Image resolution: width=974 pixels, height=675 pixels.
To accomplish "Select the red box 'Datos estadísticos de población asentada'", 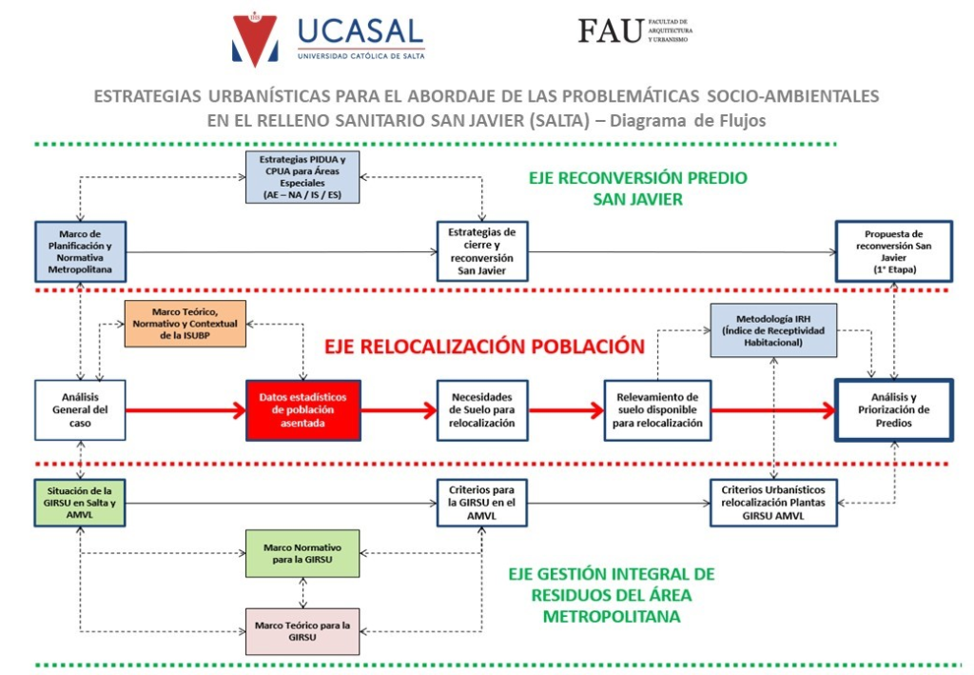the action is pos(303,410).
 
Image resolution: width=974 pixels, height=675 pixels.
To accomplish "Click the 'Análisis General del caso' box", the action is pos(80,410).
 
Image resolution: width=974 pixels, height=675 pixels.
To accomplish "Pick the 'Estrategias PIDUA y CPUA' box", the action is pos(302,177).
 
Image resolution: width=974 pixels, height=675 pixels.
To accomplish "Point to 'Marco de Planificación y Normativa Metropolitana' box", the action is pos(80,251).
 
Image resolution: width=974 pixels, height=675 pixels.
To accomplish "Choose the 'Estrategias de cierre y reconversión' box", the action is pos(482,251).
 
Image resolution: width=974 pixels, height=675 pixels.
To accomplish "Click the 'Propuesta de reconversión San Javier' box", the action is pos(893,251).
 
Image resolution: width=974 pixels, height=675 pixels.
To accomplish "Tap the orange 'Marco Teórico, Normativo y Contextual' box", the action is pos(185,324).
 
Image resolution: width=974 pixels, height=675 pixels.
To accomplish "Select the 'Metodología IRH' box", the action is pos(773,330).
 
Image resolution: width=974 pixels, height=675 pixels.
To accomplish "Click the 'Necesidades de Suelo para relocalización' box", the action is pos(482,410).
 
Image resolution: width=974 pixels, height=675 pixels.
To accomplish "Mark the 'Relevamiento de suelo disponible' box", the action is pos(657,410).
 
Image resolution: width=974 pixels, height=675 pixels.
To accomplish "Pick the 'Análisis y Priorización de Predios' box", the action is pos(893,410).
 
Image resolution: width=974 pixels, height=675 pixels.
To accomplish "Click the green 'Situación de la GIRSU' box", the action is pos(80,503).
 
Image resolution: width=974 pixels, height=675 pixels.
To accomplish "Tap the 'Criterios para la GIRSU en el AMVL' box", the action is pos(481,503).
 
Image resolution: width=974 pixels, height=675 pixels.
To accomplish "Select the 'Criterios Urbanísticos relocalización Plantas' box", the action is pos(773,503).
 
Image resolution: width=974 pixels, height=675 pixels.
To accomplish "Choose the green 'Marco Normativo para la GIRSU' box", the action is pos(302,553).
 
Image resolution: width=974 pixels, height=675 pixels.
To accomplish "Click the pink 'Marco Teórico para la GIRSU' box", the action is pos(302,631).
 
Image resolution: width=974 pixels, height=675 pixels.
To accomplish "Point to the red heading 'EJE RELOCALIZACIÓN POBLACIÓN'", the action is pos(484,347).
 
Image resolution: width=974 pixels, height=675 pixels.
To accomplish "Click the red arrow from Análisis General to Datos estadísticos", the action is pos(186,410).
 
